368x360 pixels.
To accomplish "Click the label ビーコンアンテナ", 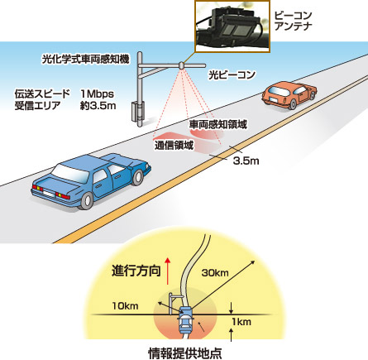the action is point(294,21).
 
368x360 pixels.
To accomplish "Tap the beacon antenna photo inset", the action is point(232,26).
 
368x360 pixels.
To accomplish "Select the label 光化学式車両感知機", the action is point(85,59).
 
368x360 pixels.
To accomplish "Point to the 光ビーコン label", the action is point(232,74).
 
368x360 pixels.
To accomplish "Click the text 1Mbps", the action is point(98,94).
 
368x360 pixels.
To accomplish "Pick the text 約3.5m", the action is point(98,106).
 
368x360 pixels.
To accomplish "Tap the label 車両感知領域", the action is point(217,124).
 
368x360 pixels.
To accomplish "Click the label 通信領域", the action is point(174,145).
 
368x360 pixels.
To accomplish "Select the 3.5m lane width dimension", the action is point(246,161).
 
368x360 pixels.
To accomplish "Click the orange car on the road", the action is point(289,94).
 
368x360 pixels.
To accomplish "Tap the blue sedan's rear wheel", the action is point(87,200).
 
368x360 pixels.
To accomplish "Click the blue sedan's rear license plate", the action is point(48,193).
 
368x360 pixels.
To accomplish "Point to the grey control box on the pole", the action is point(134,111).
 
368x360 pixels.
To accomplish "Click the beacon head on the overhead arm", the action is point(181,65).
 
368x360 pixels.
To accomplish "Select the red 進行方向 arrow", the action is point(167,271).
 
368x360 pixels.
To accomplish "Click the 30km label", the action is point(215,273).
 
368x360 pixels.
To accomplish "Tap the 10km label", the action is point(125,305).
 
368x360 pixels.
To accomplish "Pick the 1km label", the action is point(241,322).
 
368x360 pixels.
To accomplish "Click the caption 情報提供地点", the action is point(185,353).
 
